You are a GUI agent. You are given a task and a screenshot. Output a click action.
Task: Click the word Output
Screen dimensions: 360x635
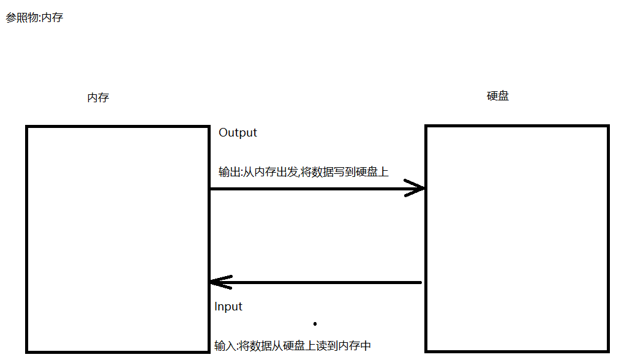238,133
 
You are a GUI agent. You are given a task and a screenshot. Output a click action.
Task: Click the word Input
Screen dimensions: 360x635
228,307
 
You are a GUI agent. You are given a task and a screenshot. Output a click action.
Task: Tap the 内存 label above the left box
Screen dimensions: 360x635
98,98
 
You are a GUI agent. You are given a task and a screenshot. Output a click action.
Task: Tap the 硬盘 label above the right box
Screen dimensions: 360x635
498,96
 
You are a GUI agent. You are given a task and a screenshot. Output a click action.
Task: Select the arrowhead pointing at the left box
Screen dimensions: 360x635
219,282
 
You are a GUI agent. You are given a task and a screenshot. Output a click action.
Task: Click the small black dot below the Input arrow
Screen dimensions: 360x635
315,323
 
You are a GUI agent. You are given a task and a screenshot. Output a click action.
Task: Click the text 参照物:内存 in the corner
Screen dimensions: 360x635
34,18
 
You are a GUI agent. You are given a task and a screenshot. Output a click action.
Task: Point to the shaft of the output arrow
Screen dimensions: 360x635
306,189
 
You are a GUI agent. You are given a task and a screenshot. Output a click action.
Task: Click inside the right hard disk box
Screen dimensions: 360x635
516,239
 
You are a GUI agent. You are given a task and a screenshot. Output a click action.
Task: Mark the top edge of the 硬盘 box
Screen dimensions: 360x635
516,126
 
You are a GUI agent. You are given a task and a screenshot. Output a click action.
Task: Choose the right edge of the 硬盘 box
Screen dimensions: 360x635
607,239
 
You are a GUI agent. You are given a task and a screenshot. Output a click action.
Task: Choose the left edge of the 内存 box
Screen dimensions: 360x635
27,239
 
